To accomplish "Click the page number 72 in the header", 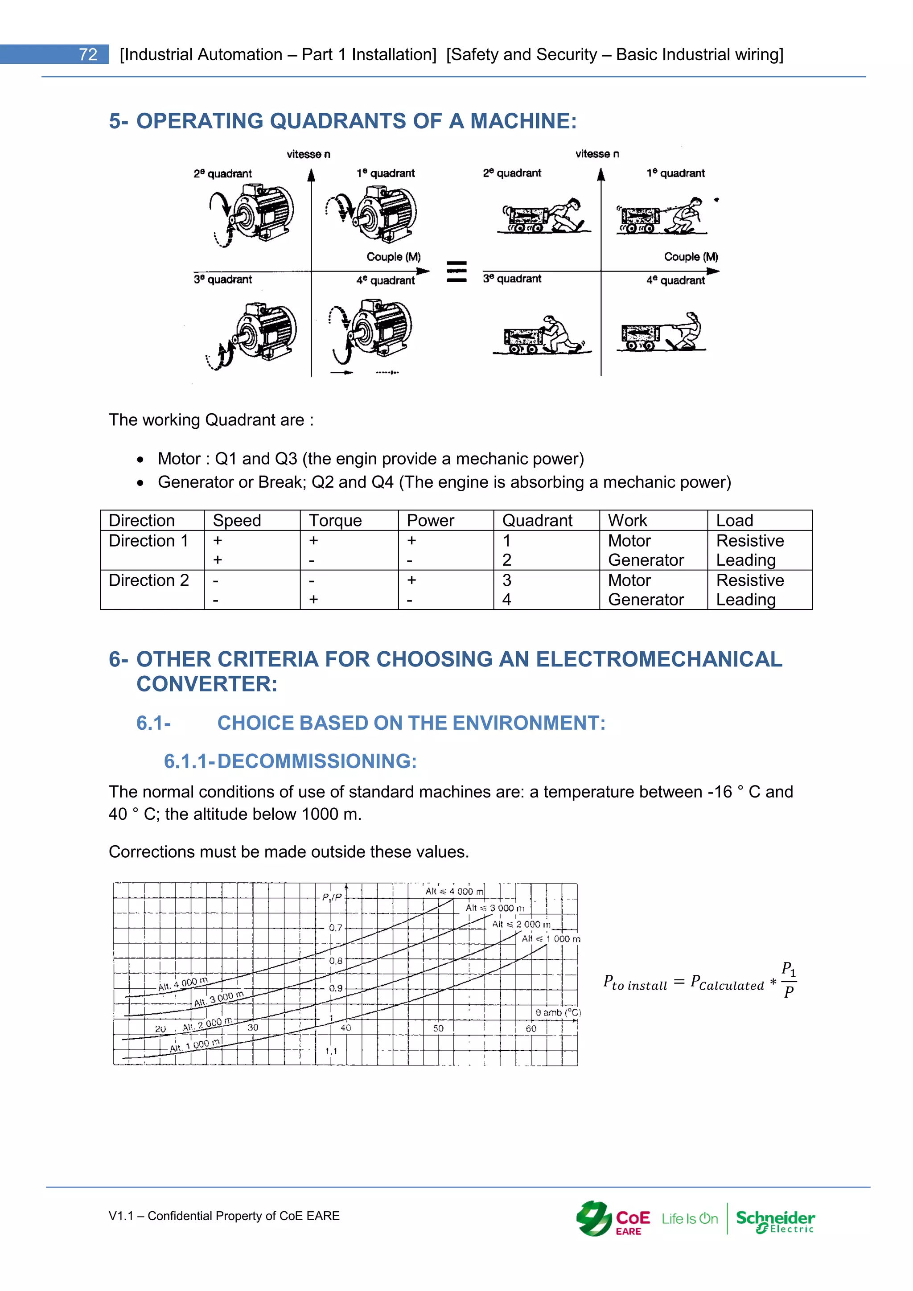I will point(88,54).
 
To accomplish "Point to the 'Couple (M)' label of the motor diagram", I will point(394,257).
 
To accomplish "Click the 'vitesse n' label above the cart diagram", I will point(597,154).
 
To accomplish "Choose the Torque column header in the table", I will point(336,521).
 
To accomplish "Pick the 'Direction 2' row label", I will point(148,580).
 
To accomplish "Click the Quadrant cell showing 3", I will point(507,580).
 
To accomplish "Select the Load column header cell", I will point(734,521).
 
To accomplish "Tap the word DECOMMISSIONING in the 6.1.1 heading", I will point(317,761).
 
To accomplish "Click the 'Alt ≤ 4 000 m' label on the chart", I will point(454,891).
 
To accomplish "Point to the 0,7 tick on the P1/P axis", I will point(336,928).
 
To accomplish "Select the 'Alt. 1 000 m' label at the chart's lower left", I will point(196,1046).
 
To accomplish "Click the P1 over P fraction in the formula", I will point(789,980).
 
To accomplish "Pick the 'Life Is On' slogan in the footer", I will point(690,1219).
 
